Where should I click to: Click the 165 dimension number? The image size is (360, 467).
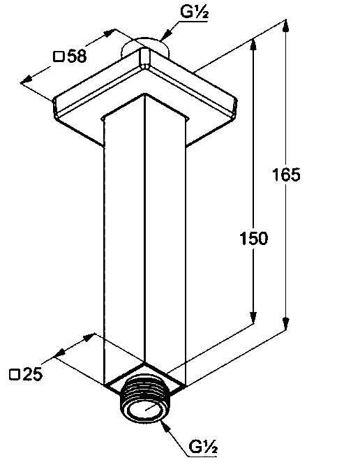click(x=286, y=175)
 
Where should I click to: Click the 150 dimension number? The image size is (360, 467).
click(x=254, y=239)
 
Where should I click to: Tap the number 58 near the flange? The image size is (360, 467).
click(x=77, y=56)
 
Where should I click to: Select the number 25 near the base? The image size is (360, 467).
click(x=32, y=374)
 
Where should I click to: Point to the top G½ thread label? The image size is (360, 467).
click(x=194, y=13)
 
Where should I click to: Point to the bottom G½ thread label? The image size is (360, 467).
click(x=204, y=447)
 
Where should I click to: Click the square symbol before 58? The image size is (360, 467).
click(x=59, y=57)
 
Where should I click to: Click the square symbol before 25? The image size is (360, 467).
click(x=14, y=374)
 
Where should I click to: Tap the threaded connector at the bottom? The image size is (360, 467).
click(x=144, y=399)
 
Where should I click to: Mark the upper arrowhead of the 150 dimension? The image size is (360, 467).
click(x=253, y=45)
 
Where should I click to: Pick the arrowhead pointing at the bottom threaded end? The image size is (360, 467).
click(x=165, y=426)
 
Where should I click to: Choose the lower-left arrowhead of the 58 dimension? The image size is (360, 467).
click(x=27, y=79)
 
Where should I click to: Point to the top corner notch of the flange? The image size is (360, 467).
click(x=145, y=58)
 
